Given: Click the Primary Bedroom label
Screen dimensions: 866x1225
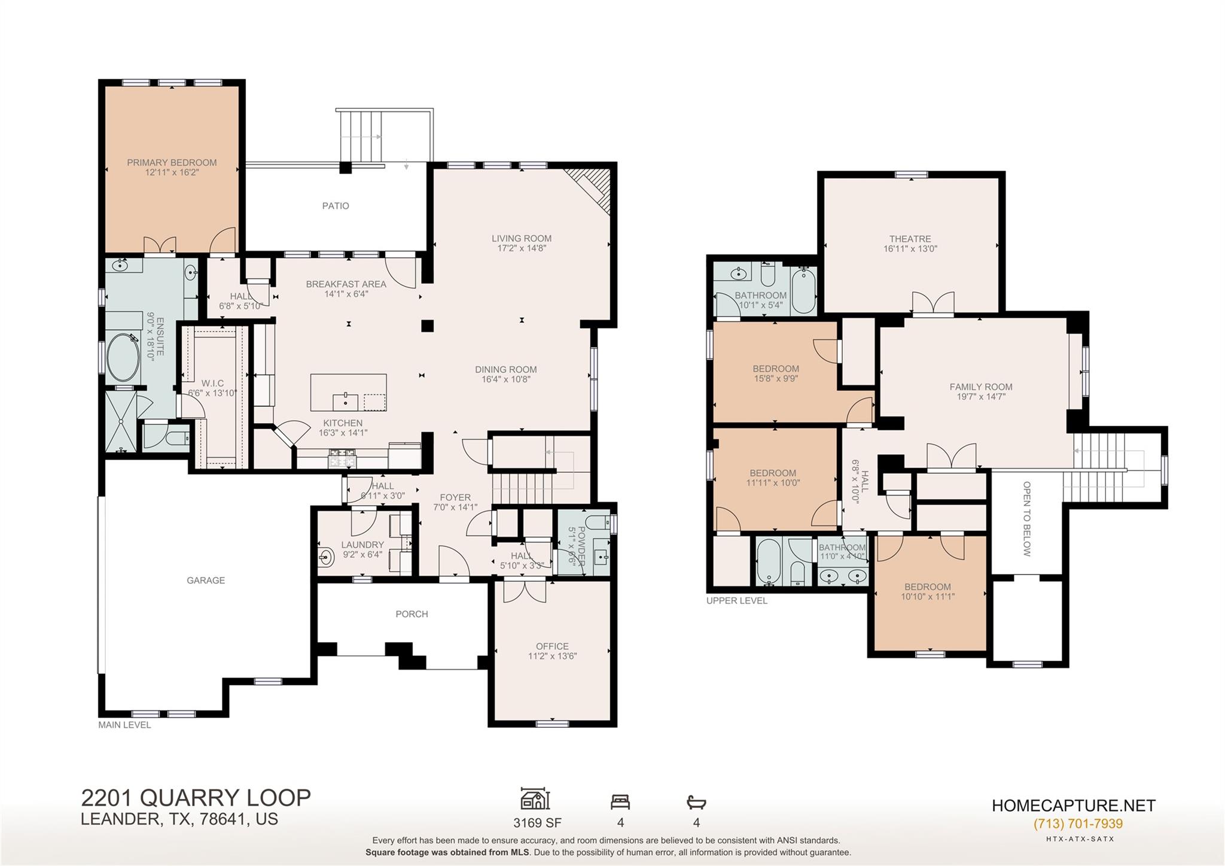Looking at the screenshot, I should pos(172,162).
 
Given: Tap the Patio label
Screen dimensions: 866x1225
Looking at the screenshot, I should pos(336,206).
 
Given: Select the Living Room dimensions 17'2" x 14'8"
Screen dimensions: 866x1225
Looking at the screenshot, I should pos(522,248).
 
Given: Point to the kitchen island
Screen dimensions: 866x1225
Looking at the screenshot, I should pos(348,392).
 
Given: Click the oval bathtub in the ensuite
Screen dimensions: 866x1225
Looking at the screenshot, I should pos(123,357).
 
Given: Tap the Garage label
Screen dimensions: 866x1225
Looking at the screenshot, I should pos(206,580).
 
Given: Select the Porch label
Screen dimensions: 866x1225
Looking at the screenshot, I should pos(412,613).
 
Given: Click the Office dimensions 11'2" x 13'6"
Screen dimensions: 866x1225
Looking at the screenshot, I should pos(552,656).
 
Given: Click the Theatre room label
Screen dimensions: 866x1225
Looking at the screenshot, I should pos(910,239).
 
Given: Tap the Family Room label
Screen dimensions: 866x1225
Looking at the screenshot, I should pos(981,387).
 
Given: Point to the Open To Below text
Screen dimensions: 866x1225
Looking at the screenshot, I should pos(1027,519).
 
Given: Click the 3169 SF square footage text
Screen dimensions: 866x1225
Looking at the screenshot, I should pos(537,823).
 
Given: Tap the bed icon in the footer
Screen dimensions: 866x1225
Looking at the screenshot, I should pos(620,802).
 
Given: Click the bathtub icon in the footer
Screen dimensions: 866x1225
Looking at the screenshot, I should pos(696,802).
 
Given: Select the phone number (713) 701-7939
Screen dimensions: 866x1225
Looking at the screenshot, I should pos(1078,824).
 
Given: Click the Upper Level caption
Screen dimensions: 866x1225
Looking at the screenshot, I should pos(736,600).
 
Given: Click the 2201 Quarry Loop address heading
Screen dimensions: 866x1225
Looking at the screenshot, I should pos(196,798).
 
